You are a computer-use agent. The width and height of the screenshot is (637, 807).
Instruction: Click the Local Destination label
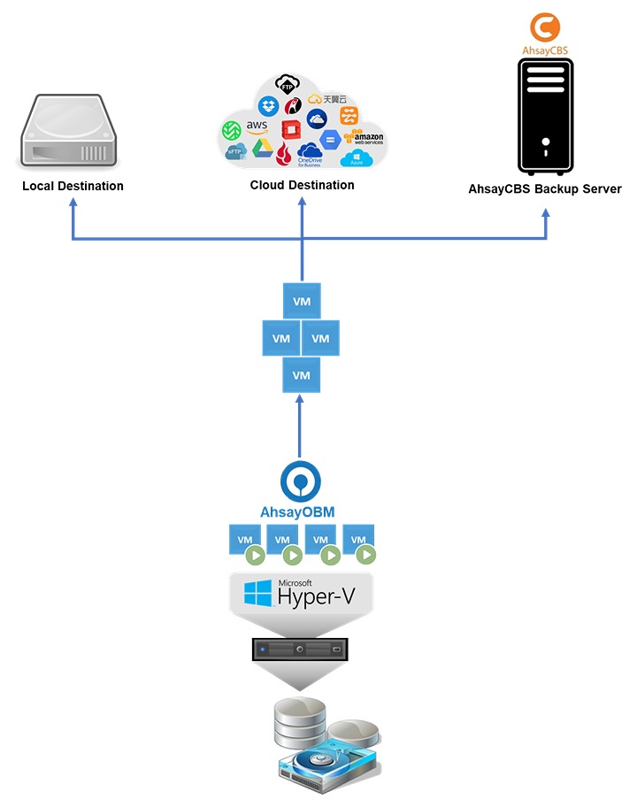coord(73,186)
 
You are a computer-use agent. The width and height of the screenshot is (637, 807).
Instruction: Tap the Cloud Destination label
coord(302,185)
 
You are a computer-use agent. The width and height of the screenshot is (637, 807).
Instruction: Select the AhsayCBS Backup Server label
coord(545,188)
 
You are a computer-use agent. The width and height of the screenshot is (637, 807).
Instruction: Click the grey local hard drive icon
coord(67,133)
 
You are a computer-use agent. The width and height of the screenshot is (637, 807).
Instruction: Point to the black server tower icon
coord(545,115)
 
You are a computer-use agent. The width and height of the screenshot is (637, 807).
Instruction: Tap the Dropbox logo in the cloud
coord(268,106)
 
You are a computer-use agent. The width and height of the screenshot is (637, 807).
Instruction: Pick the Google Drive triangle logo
coord(260,147)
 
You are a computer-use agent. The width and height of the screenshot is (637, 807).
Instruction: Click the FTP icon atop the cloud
coord(286,85)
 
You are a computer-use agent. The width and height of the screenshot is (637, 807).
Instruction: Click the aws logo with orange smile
coord(257,129)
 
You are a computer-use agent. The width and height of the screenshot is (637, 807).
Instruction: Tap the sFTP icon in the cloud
coord(234,151)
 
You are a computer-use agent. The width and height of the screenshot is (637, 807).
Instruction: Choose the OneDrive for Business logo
coord(310,154)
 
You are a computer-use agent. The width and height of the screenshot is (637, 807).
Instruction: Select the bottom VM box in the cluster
coord(301,375)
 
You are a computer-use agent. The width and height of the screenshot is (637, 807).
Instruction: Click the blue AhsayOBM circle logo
coord(301,480)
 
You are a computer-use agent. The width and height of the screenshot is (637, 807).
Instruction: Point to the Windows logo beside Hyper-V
coord(257,593)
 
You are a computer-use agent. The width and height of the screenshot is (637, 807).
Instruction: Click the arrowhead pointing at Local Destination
coord(73,202)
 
